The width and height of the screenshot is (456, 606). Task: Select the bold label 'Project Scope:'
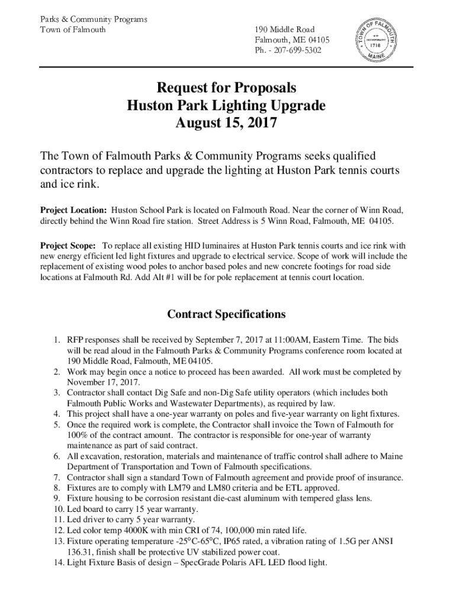68,246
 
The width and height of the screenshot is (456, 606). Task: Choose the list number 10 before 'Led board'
58,509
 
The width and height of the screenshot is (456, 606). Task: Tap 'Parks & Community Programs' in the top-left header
93,19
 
